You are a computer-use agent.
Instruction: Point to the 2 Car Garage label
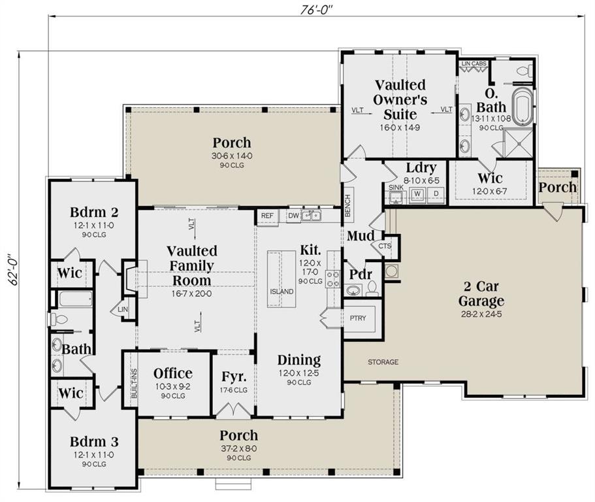(481, 295)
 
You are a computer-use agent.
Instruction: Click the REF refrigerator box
(266, 216)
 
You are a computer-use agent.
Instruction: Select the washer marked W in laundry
(417, 194)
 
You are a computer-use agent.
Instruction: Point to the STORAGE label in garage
(383, 361)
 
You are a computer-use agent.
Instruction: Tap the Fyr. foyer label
(233, 377)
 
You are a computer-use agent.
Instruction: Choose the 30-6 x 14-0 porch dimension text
(231, 156)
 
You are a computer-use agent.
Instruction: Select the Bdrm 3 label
(95, 442)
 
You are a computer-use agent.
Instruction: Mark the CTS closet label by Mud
(384, 247)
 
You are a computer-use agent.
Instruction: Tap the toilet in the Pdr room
(372, 288)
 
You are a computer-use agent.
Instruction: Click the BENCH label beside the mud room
(349, 204)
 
